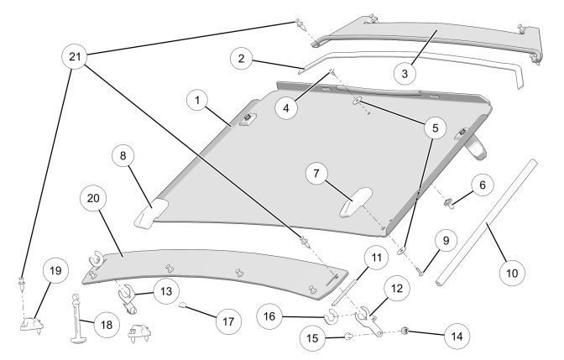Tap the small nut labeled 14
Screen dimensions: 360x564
tap(405, 330)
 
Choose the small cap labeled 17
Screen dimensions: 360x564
tap(182, 307)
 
